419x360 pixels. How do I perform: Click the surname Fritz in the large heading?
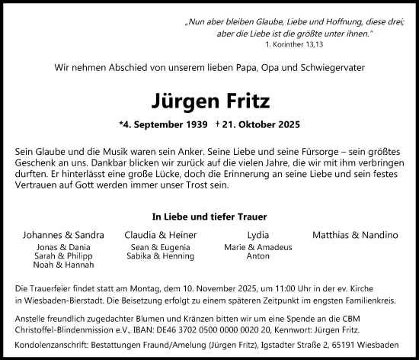click(243, 102)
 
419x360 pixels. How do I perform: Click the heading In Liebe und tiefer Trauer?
click(209, 216)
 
